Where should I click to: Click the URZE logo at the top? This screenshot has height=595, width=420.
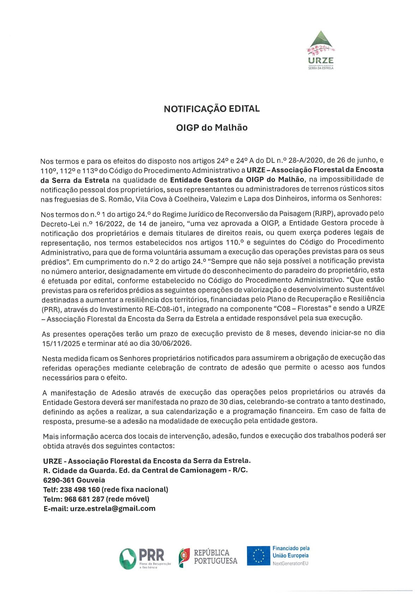(320, 49)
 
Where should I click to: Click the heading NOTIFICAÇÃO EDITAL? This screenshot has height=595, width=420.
(212, 109)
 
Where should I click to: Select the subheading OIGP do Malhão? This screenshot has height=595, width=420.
(212, 128)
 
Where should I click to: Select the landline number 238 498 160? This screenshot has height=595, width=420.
(80, 490)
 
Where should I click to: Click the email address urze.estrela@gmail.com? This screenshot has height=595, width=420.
(113, 509)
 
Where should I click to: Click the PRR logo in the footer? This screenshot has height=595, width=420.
(145, 558)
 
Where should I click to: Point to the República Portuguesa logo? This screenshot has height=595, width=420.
(208, 557)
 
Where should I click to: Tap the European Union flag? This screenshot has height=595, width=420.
(258, 555)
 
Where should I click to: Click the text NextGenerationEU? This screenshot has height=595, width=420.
(290, 564)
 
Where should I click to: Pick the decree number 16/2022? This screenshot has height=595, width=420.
(107, 224)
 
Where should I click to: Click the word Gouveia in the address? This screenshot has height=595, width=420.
(91, 480)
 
